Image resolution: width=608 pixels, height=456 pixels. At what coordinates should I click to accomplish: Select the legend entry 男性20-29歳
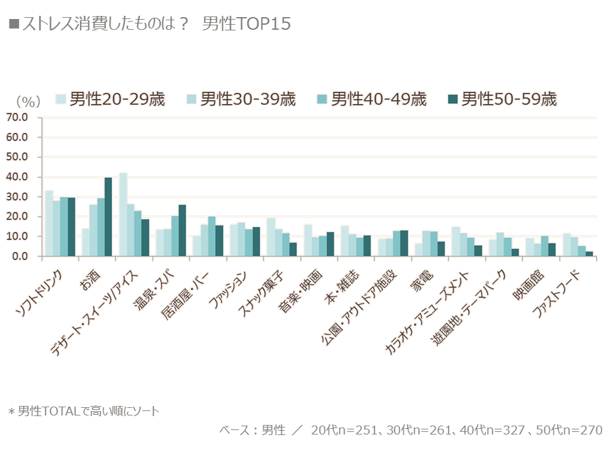coord(110,99)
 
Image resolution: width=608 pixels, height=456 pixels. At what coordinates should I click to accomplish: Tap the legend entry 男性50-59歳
coord(502,99)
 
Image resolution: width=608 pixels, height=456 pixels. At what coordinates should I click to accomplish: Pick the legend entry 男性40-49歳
coord(372,99)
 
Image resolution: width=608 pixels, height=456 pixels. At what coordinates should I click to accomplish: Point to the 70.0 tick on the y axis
coord(16,117)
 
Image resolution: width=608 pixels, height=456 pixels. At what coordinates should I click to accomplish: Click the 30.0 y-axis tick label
coord(16,196)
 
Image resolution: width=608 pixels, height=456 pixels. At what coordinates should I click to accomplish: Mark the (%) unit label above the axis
coord(28,101)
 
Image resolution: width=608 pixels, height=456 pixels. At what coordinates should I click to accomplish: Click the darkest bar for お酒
coord(108,217)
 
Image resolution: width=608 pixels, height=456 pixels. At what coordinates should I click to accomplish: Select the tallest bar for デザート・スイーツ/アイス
coord(123,215)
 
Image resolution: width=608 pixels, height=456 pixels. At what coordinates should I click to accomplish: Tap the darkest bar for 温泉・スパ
coord(182,231)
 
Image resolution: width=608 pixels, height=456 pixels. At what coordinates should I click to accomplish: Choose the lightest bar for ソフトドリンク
coord(49,224)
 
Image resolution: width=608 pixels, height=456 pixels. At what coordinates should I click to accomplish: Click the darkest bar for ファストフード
coord(589,253)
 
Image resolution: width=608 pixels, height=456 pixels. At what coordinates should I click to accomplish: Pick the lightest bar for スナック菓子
coord(270,237)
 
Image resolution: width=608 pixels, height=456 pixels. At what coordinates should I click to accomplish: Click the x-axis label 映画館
coord(528,286)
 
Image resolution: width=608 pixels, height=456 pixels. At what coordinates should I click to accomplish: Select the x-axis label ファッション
coord(227,290)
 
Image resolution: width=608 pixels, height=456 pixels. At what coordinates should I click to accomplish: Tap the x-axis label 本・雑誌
coord(342,288)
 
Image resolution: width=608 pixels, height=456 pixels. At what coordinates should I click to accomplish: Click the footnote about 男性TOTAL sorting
coord(84,411)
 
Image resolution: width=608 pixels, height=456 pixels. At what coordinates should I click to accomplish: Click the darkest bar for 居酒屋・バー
coord(220,241)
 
